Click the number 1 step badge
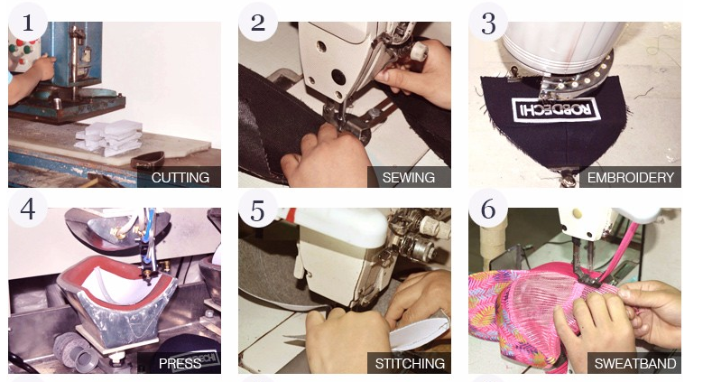coord(28,22)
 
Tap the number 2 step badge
coord(258,22)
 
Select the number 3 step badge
coord(488,22)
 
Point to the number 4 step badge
coord(28,209)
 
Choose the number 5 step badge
coord(258,209)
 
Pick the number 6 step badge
coord(488,209)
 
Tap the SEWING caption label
coord(409,177)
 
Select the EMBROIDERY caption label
coord(631,177)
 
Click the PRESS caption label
coord(179,363)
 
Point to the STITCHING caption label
coord(409,363)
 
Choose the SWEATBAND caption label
coord(634,363)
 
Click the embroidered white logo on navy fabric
coord(556,109)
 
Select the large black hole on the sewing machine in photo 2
coord(338,77)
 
